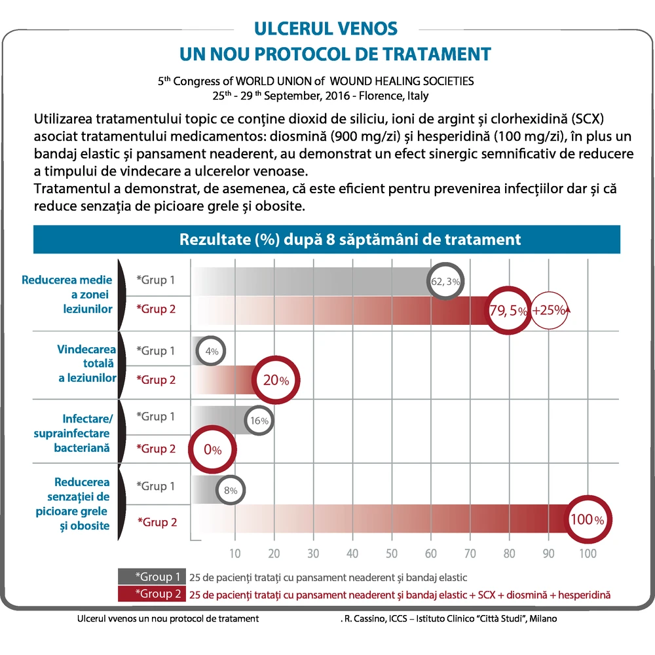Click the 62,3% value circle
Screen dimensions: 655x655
coord(445,281)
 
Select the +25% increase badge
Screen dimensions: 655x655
coord(550,310)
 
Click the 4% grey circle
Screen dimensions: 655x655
coord(210,351)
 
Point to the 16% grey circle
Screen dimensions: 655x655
coord(259,421)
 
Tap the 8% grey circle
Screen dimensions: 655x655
coord(231,490)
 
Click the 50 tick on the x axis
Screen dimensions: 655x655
coord(392,553)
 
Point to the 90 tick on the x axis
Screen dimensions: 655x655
coord(548,553)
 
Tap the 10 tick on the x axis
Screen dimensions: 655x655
coord(234,553)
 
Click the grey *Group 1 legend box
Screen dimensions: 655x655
coord(152,576)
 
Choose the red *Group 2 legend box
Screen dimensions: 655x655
coord(152,593)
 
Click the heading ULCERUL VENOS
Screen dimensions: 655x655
coord(326,29)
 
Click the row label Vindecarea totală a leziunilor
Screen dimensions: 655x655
coord(87,364)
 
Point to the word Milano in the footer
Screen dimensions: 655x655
coord(543,618)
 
